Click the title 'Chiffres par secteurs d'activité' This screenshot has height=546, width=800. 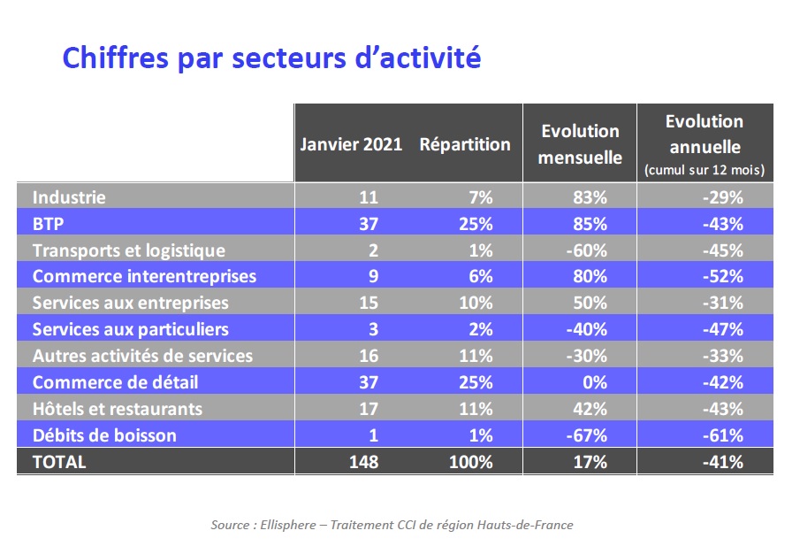pos(271,58)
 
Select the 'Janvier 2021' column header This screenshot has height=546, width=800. pos(351,144)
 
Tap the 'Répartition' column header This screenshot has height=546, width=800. pos(465,144)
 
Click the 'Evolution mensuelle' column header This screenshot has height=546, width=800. pos(581,144)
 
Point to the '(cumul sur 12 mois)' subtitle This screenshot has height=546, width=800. pos(705,169)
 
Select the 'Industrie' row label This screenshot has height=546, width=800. pos(69,197)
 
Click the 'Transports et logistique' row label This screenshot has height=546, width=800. pos(129,250)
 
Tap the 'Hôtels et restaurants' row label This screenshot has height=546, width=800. pos(118,409)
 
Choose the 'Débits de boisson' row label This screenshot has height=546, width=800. pos(104,435)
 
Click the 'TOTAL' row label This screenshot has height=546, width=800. pos(59,462)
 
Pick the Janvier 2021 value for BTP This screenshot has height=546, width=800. pos(369,224)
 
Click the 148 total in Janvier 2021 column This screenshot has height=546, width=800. pos(363,462)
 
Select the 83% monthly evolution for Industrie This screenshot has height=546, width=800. pos(590,197)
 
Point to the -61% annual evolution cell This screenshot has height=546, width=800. pos(722,435)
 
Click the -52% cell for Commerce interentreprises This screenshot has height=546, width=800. pos(722,277)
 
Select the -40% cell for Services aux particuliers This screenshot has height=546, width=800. pos(587,329)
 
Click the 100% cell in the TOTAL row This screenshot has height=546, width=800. pos(471,462)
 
